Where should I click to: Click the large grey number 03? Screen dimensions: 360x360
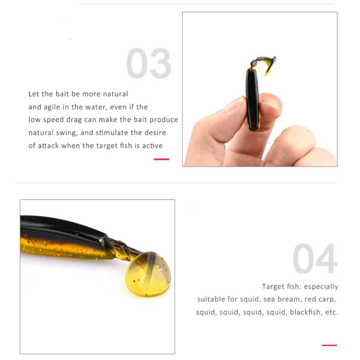click(149, 63)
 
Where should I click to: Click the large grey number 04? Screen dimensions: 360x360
click(315, 259)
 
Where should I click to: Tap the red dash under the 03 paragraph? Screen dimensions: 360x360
click(161, 159)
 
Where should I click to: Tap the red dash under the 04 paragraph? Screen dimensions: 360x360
click(329, 345)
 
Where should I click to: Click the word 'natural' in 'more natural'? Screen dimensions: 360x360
click(115, 94)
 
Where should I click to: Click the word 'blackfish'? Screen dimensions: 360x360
click(305, 312)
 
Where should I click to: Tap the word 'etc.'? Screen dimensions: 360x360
click(332, 313)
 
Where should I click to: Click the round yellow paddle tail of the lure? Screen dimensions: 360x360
click(148, 275)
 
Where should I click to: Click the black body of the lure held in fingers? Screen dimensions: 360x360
click(253, 99)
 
